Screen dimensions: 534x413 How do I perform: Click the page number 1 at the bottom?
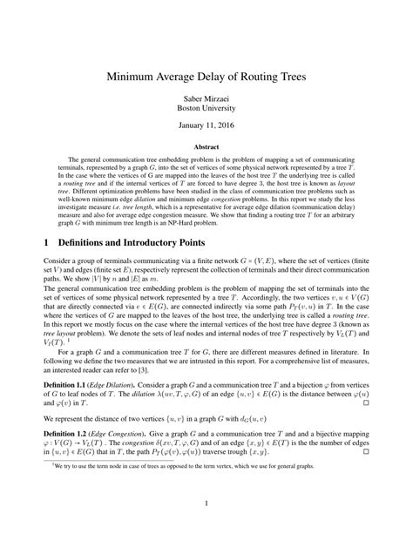pyautogui.click(x=206, y=503)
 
